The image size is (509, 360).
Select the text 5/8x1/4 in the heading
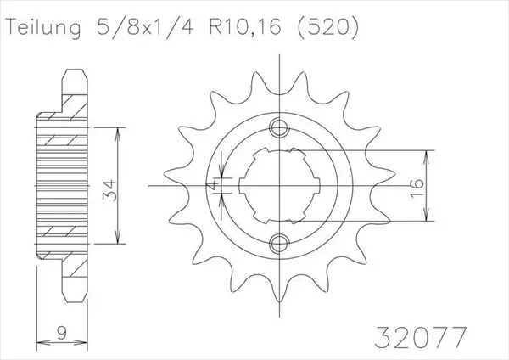(145, 26)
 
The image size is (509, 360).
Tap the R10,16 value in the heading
(245, 26)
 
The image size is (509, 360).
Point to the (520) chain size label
(328, 27)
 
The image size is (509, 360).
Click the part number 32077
(421, 337)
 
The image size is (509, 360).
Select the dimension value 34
(109, 190)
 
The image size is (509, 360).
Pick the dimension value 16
(417, 188)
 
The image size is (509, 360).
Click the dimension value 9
(61, 333)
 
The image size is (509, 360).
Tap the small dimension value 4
(212, 186)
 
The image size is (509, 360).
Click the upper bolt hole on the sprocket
(279, 127)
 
